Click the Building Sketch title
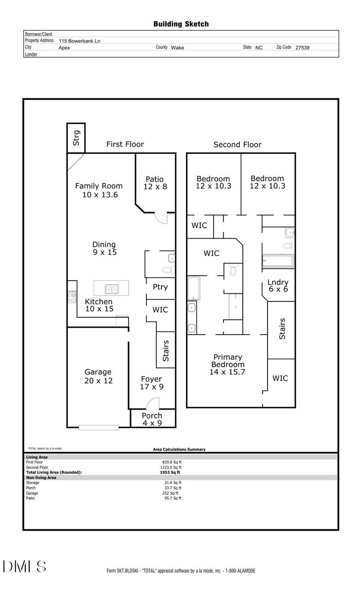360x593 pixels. pos(180,24)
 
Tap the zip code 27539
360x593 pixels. pos(302,48)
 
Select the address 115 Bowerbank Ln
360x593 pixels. pos(79,41)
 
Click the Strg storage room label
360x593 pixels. pos(76,137)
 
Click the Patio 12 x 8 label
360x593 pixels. pos(154,183)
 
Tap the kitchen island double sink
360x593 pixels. pos(111,289)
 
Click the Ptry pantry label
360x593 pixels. pos(160,287)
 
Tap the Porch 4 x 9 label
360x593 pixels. pos(152,419)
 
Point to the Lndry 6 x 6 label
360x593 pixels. pos(277,286)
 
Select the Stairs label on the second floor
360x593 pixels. pos(282,329)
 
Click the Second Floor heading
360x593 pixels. pos(237,144)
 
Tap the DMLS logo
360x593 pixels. pos(25,566)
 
